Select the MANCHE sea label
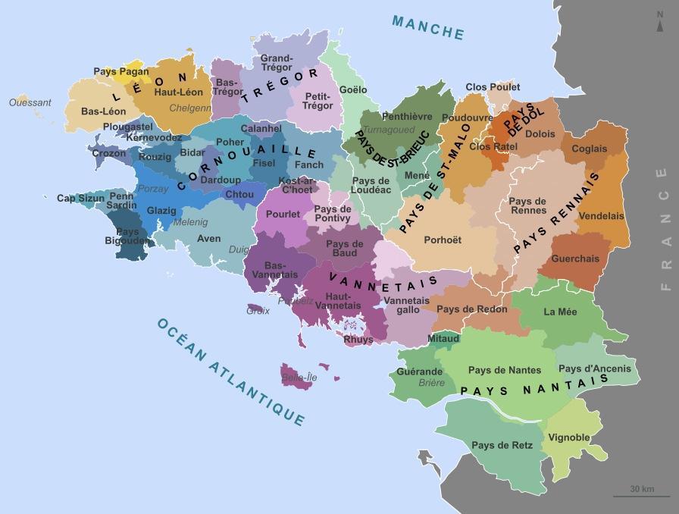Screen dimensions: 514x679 coord(427,27)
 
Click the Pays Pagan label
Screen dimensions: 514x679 coord(121,71)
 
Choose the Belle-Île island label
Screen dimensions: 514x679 coord(299,377)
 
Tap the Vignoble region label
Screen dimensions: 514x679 coord(569,438)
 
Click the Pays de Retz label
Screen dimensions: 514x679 coord(502,445)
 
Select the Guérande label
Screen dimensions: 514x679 coord(419,371)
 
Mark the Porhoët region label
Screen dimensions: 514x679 coord(443,240)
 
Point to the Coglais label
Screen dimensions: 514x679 coord(589,149)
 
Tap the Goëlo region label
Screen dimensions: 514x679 coord(353,89)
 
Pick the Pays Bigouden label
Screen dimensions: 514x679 coord(128,237)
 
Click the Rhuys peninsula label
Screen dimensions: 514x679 coord(358,340)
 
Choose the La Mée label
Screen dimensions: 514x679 coord(560,311)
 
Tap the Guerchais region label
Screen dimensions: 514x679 coord(575,259)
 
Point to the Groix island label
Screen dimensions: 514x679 coord(258,310)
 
